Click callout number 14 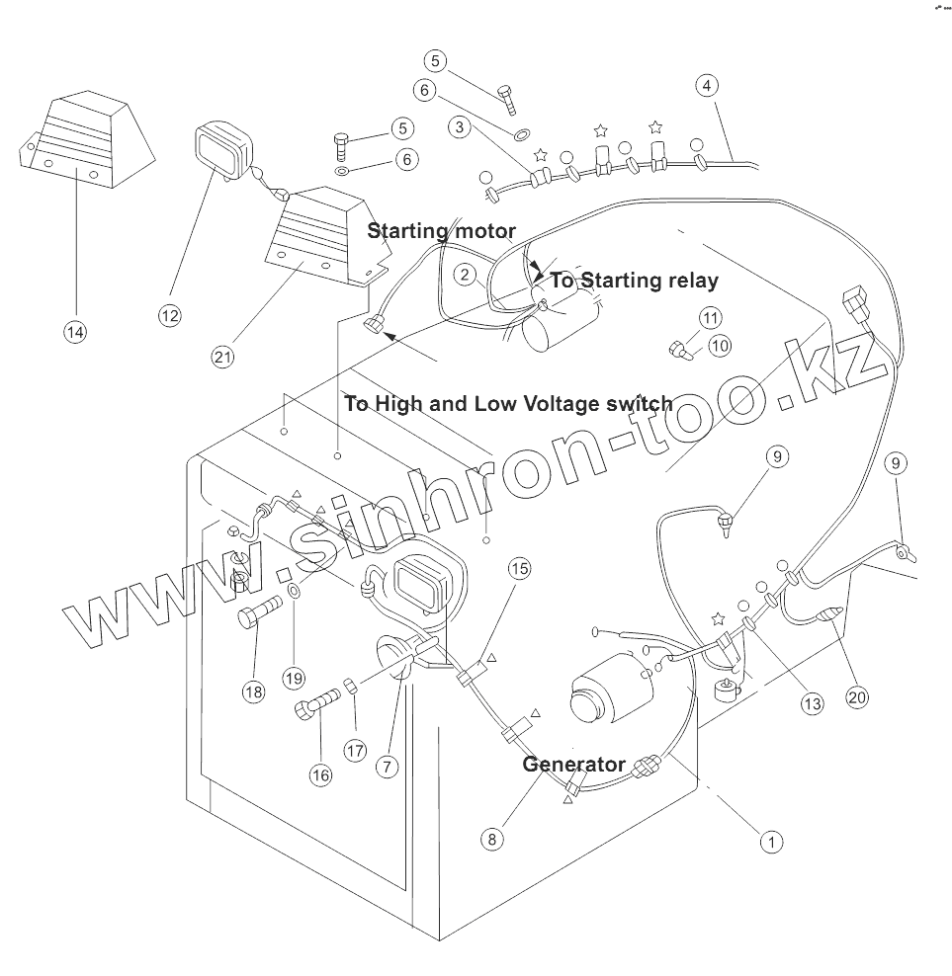coord(75,332)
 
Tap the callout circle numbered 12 coord(170,315)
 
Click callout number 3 coord(459,126)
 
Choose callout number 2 coord(467,275)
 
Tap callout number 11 coord(711,318)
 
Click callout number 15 coord(520,568)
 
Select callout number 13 coord(812,703)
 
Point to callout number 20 coord(856,696)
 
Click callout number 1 coord(770,842)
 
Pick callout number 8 coord(492,840)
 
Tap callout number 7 coord(387,767)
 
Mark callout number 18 coord(254,691)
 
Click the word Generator coord(573,764)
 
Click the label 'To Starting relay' coord(634,281)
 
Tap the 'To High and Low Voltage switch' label coord(508,403)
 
